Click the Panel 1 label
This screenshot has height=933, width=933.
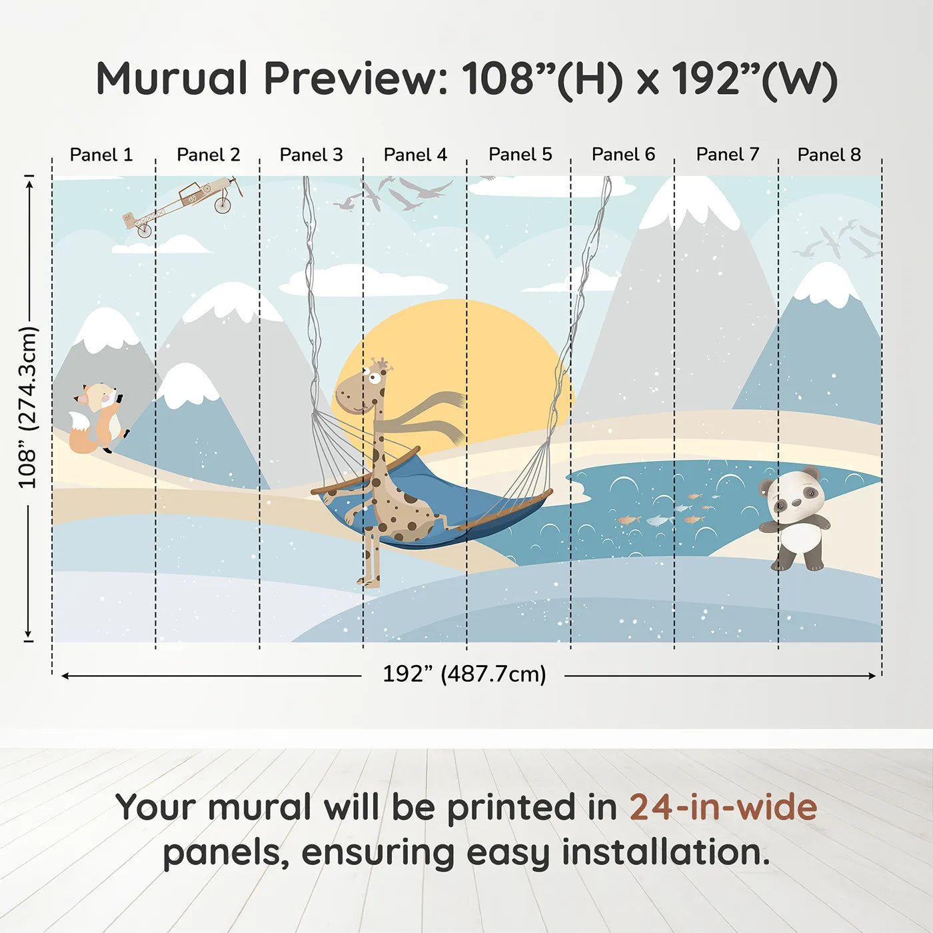tap(101, 155)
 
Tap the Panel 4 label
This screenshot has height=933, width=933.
tap(415, 155)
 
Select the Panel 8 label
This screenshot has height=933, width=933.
tap(830, 155)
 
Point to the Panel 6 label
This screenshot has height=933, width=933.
tap(624, 155)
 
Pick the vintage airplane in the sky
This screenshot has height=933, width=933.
tap(183, 206)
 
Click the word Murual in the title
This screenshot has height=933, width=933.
tap(173, 78)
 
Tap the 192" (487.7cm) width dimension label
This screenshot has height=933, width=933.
tap(465, 674)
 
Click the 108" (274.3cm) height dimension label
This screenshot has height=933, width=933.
tap(27, 407)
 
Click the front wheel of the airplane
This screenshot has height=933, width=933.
tap(222, 205)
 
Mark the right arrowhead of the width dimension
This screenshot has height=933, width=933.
tap(872, 675)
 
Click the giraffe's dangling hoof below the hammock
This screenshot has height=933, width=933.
tap(368, 582)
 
